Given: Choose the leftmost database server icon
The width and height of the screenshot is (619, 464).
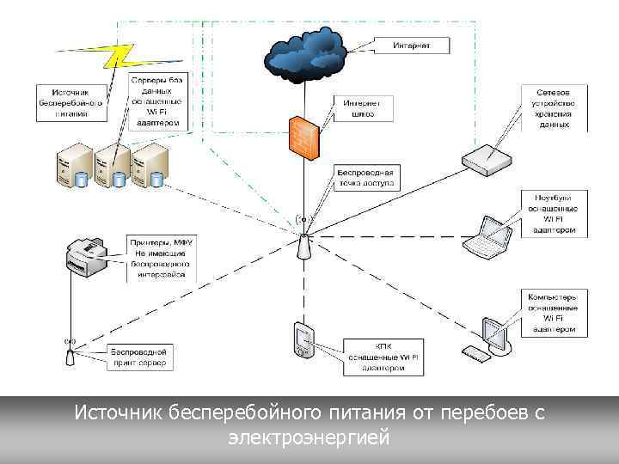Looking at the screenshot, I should click(71, 166).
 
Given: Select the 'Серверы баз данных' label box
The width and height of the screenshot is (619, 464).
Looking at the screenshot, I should click(157, 101).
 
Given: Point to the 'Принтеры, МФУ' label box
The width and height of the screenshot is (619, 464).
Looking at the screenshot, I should click(162, 259).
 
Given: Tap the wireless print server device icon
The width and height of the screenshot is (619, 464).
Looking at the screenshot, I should click(70, 355).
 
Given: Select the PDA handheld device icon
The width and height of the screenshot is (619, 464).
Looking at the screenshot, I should click(303, 340).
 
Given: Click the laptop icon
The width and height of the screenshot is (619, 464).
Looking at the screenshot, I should click(491, 236).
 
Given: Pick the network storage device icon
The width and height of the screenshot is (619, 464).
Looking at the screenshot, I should click(487, 157).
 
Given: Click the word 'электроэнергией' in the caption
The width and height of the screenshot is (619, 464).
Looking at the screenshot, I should click(309, 437).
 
